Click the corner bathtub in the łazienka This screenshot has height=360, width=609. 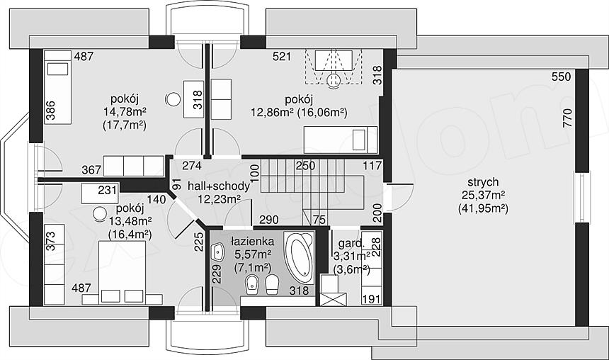click(x=299, y=258)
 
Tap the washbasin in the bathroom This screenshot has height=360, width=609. click(x=218, y=252)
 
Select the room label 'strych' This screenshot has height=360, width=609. click(x=483, y=182)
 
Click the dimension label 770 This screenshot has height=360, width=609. click(x=567, y=118)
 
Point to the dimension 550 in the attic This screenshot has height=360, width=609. click(x=562, y=77)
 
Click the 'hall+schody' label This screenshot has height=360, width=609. click(x=219, y=186)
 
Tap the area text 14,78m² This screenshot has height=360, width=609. click(x=125, y=112)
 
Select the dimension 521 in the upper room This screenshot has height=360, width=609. click(x=282, y=57)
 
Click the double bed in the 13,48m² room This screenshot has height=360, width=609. click(x=123, y=273)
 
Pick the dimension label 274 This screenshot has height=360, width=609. click(x=192, y=166)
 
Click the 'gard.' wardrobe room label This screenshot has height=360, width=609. click(x=351, y=244)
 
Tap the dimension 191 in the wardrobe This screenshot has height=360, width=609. click(x=372, y=299)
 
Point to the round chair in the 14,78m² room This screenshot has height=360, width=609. click(x=173, y=99)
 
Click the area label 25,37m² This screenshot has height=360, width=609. click(x=483, y=195)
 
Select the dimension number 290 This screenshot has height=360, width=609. click(x=269, y=220)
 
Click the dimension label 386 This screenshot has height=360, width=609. click(x=50, y=110)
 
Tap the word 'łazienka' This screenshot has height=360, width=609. click(x=253, y=242)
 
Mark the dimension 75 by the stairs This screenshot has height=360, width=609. click(x=319, y=220)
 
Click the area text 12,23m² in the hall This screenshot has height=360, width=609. click(x=219, y=199)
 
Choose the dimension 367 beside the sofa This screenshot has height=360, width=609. click(x=91, y=170)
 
